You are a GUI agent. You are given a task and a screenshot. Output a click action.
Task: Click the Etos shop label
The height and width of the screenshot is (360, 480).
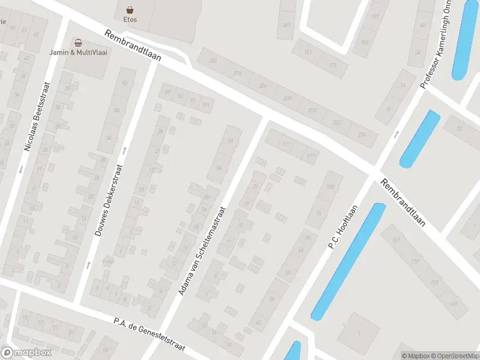pyautogui.click(x=130, y=20)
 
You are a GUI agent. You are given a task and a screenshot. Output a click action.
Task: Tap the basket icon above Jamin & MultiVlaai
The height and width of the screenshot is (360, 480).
pyautogui.click(x=78, y=43)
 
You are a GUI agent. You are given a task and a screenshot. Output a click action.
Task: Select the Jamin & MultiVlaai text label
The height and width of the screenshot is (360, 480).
pyautogui.click(x=79, y=52)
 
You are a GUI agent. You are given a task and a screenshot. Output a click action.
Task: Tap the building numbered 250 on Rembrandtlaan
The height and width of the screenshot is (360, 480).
pyautogui.click(x=311, y=110)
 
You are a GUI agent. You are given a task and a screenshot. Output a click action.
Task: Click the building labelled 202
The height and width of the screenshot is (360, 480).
pyautogui.click(x=212, y=60)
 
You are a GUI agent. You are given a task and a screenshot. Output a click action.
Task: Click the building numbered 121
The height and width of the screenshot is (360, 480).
pyautogui.click(x=396, y=240)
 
